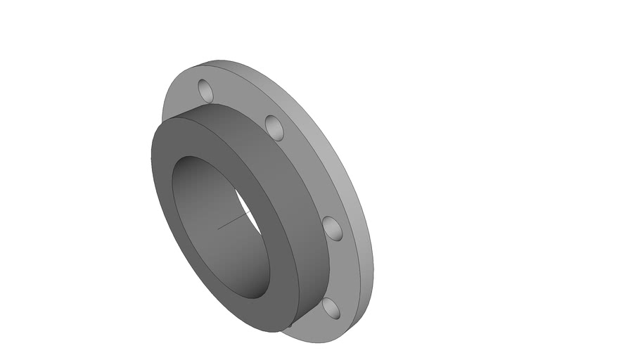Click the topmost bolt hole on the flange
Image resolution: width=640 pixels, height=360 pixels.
click(x=205, y=90)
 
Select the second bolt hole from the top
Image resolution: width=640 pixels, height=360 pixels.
click(x=275, y=127)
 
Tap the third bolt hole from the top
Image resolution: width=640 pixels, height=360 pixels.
click(x=333, y=229)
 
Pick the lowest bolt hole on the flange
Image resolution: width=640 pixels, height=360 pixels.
click(x=331, y=308)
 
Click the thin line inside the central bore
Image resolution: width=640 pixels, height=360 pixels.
click(x=232, y=223)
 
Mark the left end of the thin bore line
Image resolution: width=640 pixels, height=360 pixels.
click(x=219, y=228)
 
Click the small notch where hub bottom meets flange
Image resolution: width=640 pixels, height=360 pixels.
click(x=288, y=326)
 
